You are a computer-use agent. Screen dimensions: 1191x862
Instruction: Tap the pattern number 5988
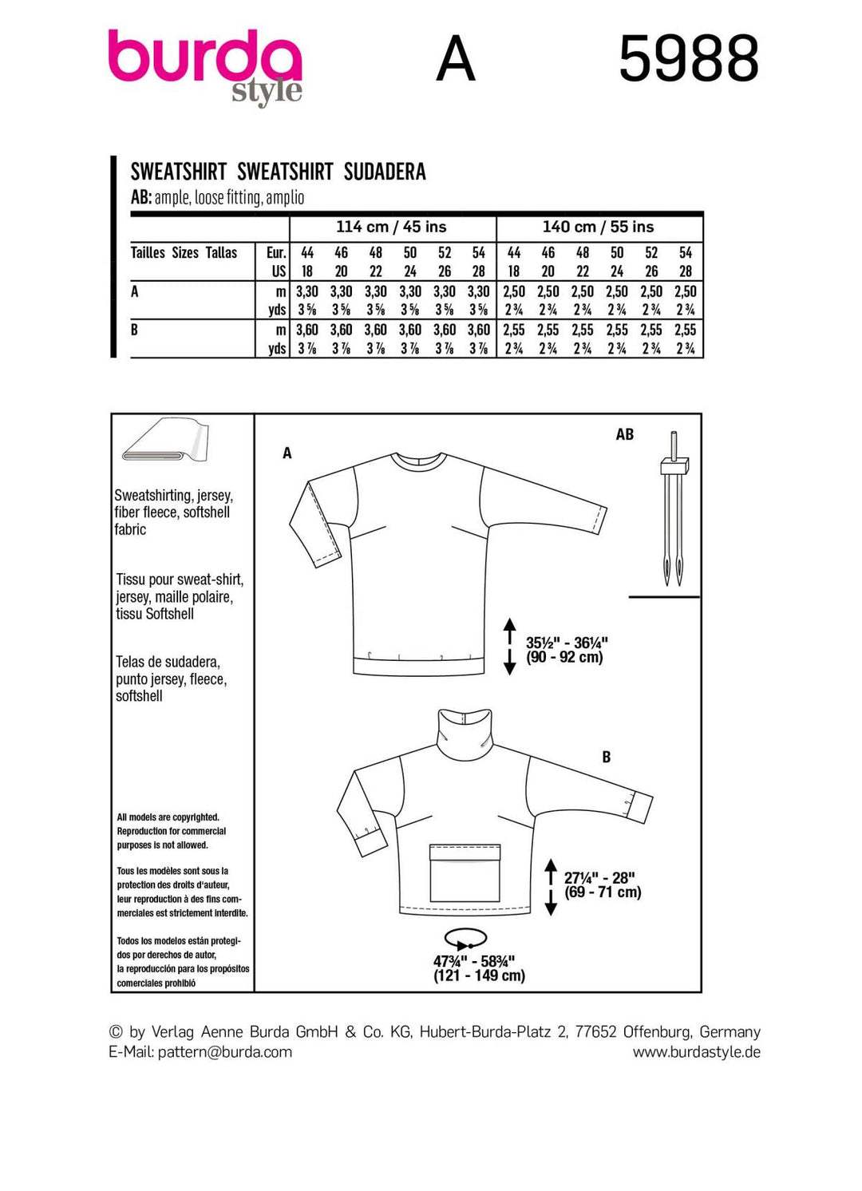688,59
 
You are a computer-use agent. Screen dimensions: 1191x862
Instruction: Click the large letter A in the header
456,59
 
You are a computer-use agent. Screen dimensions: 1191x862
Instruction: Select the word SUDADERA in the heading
385,172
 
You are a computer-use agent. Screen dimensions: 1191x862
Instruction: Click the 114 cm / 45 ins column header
391,227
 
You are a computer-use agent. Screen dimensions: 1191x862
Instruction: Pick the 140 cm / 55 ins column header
598,227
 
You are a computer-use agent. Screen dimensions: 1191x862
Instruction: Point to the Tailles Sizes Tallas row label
184,253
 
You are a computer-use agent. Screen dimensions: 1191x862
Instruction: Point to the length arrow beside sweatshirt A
510,647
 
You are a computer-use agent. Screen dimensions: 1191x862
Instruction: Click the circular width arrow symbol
465,938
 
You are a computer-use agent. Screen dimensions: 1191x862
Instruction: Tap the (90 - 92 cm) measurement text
564,658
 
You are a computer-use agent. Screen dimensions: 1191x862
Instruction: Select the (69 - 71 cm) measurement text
603,892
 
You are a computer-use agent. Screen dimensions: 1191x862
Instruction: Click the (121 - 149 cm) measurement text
479,975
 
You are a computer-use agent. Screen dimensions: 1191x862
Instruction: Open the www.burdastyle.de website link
696,1052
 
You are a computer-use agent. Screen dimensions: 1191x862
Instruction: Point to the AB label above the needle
624,435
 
